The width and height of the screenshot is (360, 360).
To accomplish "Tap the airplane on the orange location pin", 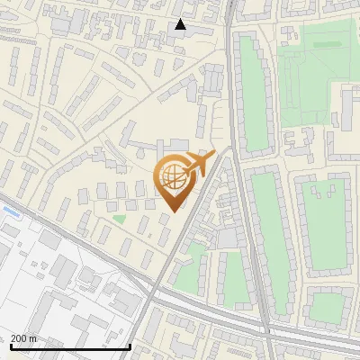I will coord(199,164).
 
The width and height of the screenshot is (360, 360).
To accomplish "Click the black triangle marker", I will coord(181,24).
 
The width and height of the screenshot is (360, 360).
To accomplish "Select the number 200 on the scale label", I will coord(19,338).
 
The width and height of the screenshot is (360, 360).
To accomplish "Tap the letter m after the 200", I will coord(33,338).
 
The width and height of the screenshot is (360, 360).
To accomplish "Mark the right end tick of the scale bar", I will coord(130,346).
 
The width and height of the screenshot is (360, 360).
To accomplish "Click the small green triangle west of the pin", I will coord(119,219).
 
